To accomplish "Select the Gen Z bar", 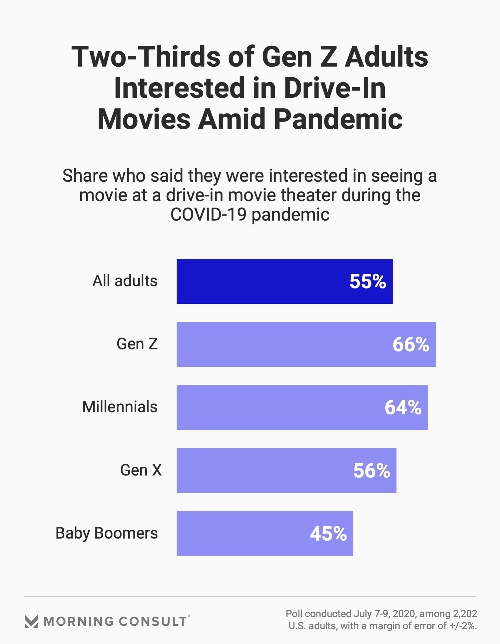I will pos(283,344).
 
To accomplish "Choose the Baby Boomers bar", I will pos(241,534).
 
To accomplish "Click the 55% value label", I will pos(367,281).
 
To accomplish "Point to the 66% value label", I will pos(411,344).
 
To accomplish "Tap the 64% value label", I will pos(403,407).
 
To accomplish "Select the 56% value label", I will pos(371,470).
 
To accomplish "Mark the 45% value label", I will pos(328,534).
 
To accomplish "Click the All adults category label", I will pos(125,281).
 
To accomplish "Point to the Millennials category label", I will pos(119,407).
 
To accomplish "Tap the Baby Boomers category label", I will pos(106,533).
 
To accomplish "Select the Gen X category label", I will pos(141,470).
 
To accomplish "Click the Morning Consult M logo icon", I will pos(31,621).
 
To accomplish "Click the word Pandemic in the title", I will pos(338,119).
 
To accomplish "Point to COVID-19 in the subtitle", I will pos(209,214).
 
